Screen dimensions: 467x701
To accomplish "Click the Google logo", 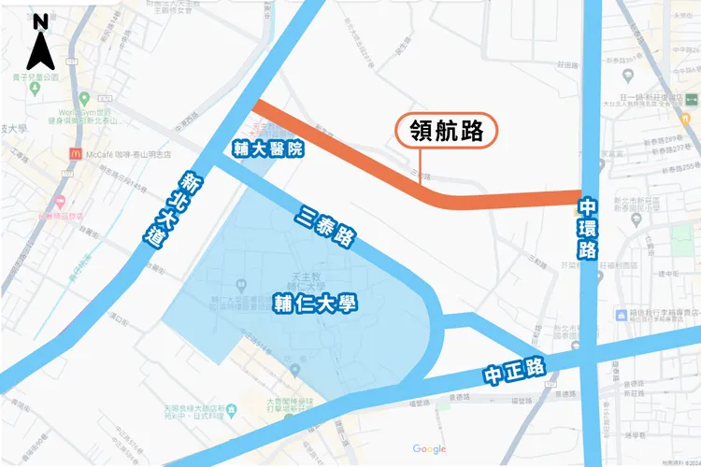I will [x=429, y=449].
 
